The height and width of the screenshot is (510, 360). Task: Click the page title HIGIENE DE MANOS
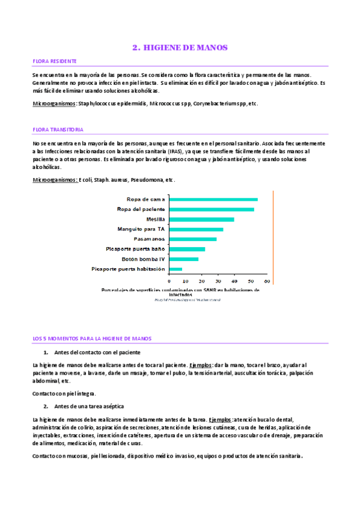[180, 47]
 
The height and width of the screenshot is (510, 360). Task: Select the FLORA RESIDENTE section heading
[54, 61]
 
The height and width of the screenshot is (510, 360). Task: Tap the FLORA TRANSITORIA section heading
[58, 129]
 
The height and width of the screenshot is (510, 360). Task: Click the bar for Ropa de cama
[213, 199]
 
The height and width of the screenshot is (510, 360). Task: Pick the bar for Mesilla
[201, 219]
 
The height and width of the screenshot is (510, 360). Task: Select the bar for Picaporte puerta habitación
[175, 269]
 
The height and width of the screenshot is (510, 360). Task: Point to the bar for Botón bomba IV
[183, 259]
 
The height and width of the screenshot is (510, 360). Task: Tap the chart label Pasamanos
[149, 239]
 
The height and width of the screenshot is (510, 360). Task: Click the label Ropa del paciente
[141, 209]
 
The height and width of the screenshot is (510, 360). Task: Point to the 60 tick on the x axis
[266, 281]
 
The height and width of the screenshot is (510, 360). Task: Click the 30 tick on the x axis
[218, 281]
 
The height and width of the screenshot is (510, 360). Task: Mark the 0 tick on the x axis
[169, 281]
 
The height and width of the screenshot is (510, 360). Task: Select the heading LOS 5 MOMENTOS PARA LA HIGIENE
[92, 339]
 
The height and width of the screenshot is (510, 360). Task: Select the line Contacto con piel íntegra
[63, 393]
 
